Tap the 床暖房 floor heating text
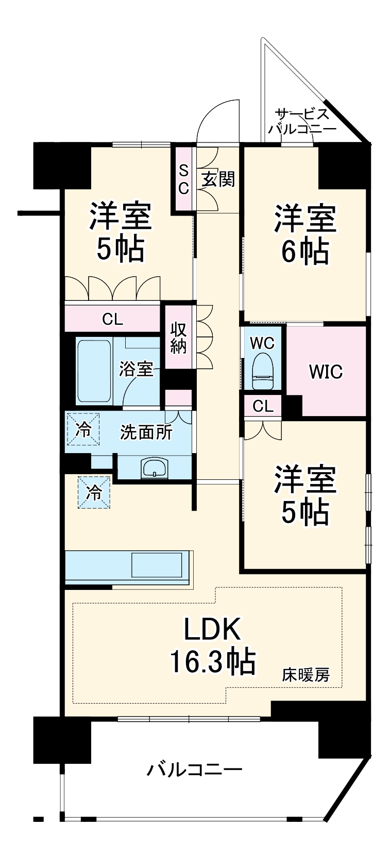coord(305,674)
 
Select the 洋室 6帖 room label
coord(305,234)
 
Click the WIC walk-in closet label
coord(326,371)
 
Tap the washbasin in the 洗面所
coord(154,468)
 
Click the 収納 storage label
coord(178,337)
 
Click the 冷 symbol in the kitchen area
coord(94,492)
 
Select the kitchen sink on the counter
coord(157,565)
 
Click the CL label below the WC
coord(263,406)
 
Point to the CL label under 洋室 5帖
coord(112,319)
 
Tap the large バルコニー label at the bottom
coord(195,769)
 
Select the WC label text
coord(262,343)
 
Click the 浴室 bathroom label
coord(136,369)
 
